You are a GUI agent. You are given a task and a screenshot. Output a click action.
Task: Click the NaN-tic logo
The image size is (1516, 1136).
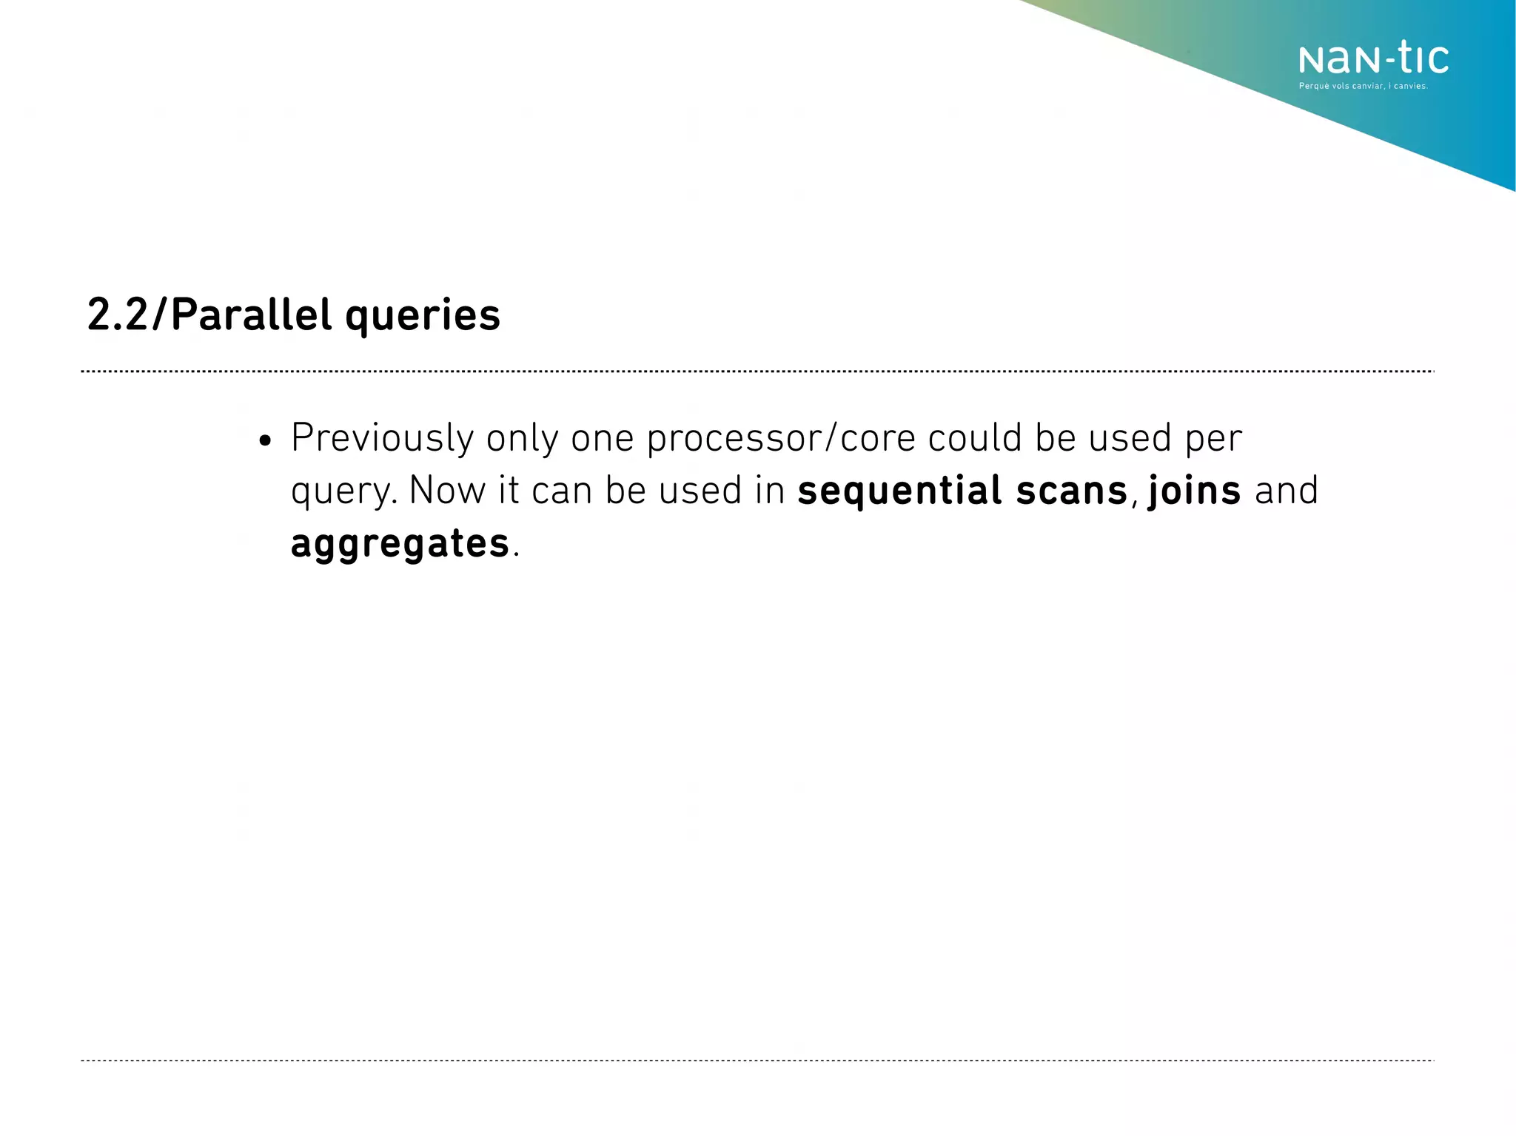coord(1373,59)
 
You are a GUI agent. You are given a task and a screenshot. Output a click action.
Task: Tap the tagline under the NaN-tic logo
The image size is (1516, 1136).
coord(1363,87)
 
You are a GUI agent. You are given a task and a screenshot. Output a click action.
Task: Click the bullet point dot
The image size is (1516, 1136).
coord(266,442)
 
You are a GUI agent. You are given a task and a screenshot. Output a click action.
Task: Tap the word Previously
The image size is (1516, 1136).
coord(382,439)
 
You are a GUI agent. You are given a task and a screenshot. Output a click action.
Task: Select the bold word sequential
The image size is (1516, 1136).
coord(899,491)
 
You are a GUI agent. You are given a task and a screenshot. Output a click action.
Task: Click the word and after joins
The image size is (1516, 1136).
coord(1287,491)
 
